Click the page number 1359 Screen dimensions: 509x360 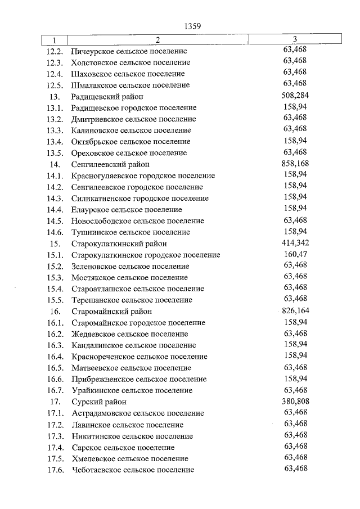[x=192, y=26]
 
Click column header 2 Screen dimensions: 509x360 [x=158, y=40]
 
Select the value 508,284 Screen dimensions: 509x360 [x=295, y=96]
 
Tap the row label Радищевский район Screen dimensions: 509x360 [x=106, y=97]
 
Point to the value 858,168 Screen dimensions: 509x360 [x=295, y=164]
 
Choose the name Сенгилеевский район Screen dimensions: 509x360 [x=110, y=164]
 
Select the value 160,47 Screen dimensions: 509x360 [x=295, y=254]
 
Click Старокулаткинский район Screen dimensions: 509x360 [x=119, y=244]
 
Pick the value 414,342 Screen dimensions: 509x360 [x=295, y=243]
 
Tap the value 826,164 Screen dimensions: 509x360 [x=295, y=310]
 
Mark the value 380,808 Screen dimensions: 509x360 [x=295, y=401]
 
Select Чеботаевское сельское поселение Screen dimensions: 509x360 [x=133, y=470]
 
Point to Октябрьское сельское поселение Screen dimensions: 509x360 [x=131, y=142]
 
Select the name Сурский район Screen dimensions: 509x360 [x=99, y=402]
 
